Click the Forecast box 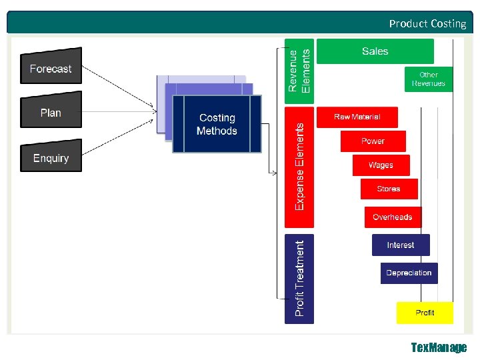(x=51, y=68)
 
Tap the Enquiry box (x=51, y=157)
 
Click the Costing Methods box (x=217, y=124)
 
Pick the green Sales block (x=375, y=51)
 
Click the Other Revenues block (x=429, y=79)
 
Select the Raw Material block (x=357, y=117)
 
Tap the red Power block (x=373, y=141)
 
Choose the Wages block (x=381, y=165)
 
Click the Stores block (x=389, y=189)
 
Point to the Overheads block (x=393, y=217)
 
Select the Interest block (x=401, y=245)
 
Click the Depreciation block (x=409, y=273)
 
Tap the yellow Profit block (x=425, y=313)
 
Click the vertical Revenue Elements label (x=299, y=70)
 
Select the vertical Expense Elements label (x=299, y=167)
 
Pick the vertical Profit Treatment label (x=299, y=279)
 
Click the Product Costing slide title (x=427, y=23)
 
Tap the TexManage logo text (x=439, y=347)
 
